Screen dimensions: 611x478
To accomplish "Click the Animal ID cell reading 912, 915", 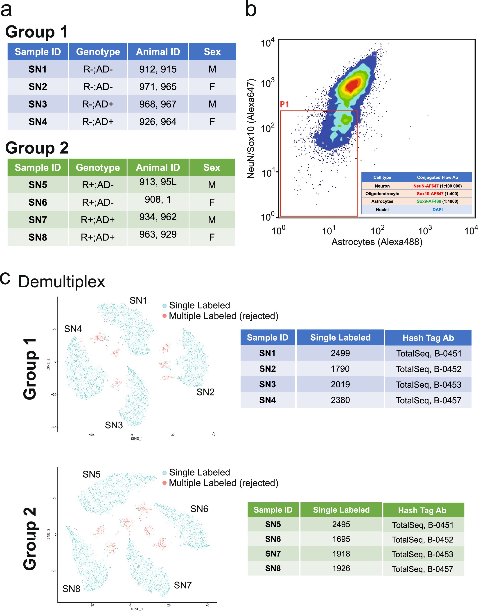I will click(x=158, y=69).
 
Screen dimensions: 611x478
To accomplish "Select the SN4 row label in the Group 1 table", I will click(x=38, y=122).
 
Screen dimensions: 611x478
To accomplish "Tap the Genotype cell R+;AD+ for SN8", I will click(x=98, y=237).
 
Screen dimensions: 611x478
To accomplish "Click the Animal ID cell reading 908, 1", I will click(x=158, y=200).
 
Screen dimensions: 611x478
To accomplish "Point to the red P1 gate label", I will click(x=284, y=105).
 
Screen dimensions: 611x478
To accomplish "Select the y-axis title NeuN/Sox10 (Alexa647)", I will click(x=251, y=129).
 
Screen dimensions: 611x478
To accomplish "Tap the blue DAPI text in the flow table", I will click(x=437, y=209).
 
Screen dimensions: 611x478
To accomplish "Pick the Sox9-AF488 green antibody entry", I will click(x=429, y=201).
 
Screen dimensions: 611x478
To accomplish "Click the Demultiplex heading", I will click(x=62, y=282).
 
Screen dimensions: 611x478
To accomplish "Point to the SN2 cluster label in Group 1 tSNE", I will click(x=205, y=392).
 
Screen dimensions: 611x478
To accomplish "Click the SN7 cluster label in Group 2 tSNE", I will click(x=183, y=585).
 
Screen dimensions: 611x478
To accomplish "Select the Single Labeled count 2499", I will click(x=340, y=353).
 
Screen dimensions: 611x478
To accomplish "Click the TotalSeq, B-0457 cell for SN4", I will click(x=428, y=400).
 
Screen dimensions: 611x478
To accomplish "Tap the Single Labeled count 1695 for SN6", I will click(x=341, y=539).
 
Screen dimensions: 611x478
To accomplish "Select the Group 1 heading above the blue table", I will click(x=36, y=32).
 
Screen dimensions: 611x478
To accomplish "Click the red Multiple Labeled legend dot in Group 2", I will click(x=165, y=483).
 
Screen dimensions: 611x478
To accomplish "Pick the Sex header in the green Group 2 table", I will click(x=212, y=168).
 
